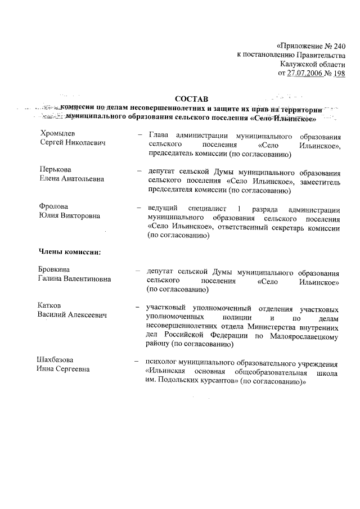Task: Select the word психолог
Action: point(161,361)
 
